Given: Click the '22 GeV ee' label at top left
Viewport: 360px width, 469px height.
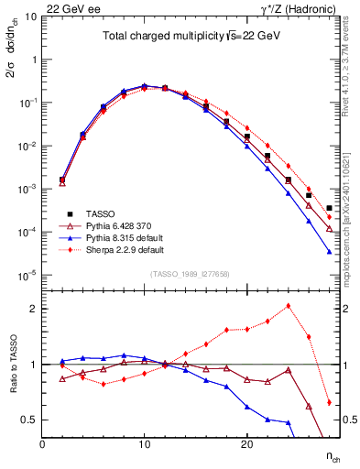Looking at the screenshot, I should tap(66, 7).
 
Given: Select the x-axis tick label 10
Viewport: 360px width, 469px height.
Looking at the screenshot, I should tap(145, 444).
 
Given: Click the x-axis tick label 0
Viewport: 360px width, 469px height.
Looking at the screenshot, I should tap(43, 444).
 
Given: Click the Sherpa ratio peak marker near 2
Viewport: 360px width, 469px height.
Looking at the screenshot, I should tap(288, 306).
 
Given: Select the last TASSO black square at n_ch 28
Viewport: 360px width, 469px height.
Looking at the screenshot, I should tap(329, 209).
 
